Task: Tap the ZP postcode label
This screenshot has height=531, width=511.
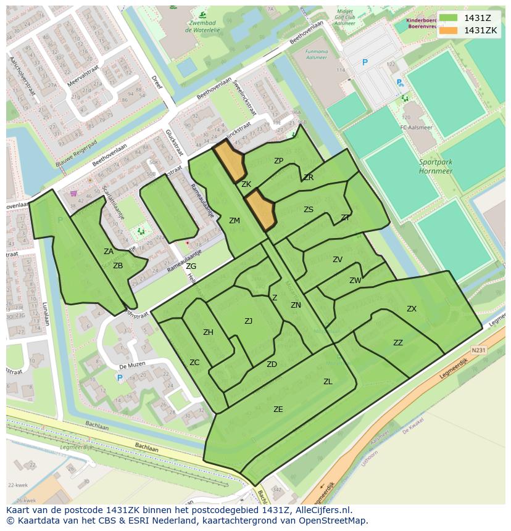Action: click(x=278, y=161)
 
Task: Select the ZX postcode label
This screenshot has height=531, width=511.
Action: click(x=412, y=309)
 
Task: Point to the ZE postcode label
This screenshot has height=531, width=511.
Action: click(x=278, y=409)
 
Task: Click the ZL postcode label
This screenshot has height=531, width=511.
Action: click(x=328, y=382)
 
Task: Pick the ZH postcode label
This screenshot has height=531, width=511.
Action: click(x=208, y=332)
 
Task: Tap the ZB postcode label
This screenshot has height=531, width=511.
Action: click(x=118, y=266)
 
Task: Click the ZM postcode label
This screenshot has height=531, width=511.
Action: click(x=235, y=221)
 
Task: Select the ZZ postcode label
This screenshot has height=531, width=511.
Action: click(x=398, y=343)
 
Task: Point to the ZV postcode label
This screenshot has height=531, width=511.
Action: click(x=338, y=260)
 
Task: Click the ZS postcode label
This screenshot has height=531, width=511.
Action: click(x=309, y=210)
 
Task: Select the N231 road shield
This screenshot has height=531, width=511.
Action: click(x=478, y=350)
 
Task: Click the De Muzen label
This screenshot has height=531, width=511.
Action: click(x=131, y=364)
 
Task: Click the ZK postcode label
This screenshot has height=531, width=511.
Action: click(x=246, y=184)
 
